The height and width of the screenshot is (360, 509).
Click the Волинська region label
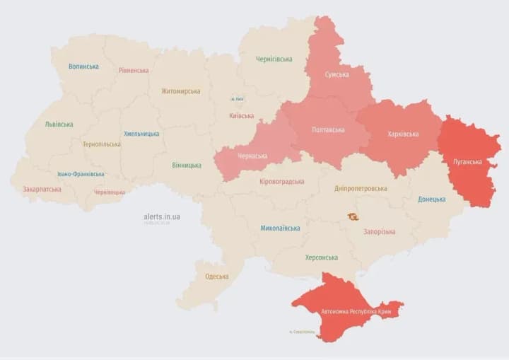pos(83,66)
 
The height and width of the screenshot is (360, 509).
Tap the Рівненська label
pos(134,70)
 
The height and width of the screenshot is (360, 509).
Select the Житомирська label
pos(180,91)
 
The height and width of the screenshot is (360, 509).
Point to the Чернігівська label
pos(274,59)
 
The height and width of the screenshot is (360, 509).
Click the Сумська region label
pos(336,74)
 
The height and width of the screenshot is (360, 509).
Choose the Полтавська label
pos(329,130)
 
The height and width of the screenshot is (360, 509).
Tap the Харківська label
pos(403,134)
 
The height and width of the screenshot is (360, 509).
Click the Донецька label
pos(431,199)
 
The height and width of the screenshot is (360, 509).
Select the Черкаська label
pos(252,156)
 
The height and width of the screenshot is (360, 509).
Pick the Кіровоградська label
pos(283,182)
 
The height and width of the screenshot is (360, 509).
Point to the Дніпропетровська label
pos(361,189)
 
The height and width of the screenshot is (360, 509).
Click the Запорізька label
pos(379,231)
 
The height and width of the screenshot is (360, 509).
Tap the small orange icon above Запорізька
pos(352,216)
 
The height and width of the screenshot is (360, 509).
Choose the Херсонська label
pos(321,257)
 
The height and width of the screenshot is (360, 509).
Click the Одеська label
pos(216,277)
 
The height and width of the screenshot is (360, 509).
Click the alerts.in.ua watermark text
pos(161,216)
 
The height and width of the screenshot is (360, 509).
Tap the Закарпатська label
pos(42,190)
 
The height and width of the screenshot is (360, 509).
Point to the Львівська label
pos(59,124)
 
